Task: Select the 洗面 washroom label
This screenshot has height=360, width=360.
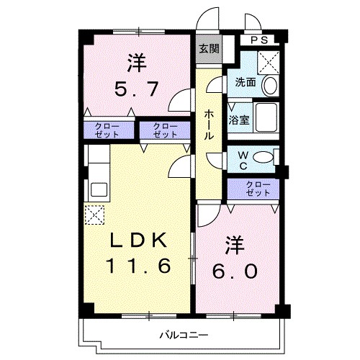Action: click(x=245, y=82)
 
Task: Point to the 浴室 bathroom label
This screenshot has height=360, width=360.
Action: click(x=240, y=120)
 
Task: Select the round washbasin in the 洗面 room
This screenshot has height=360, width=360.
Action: click(x=269, y=86)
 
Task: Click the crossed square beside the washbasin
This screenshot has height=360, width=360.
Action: click(x=270, y=61)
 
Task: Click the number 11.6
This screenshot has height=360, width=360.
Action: click(x=139, y=266)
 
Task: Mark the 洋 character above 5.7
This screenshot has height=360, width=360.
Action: click(x=137, y=63)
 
